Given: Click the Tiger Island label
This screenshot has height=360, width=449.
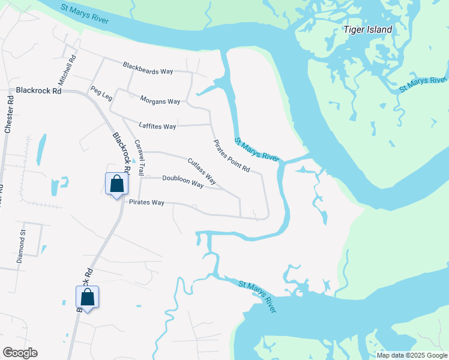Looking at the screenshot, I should tap(367, 29).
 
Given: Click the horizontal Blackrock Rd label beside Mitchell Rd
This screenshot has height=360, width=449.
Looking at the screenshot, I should tap(39, 91).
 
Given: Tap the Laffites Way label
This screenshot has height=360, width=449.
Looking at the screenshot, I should tap(157, 126).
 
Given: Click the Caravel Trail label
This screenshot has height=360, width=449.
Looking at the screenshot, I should tap(139, 157).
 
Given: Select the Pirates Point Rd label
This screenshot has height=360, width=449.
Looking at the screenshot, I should tap(232, 155).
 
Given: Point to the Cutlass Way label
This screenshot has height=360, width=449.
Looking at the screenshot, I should tap(202, 170).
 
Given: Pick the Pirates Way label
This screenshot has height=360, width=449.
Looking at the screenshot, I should tap(146, 202).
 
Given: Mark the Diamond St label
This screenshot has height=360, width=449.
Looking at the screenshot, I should tap(22, 246).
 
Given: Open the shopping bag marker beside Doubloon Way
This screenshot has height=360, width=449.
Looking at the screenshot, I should tap(116, 184).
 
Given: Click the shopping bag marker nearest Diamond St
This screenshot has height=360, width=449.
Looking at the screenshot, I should tap(87, 296).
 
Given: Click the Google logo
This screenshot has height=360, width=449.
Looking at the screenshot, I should tap(20, 353).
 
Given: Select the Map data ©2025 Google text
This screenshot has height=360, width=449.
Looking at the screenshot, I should tap(412, 355).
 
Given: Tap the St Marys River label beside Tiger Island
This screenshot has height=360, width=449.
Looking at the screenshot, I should tap(424, 84).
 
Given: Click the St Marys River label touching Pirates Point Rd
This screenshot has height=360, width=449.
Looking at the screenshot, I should tap(257, 149).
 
